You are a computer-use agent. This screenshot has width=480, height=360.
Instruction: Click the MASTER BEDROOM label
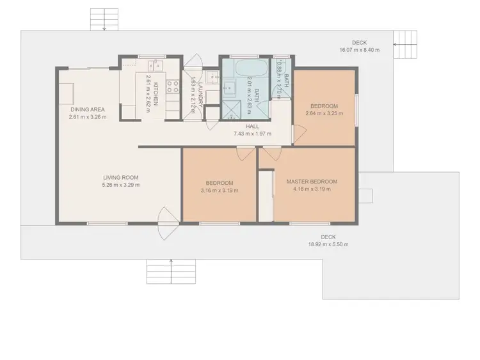[x=312, y=181]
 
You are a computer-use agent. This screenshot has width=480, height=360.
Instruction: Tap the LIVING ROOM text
[x=121, y=177]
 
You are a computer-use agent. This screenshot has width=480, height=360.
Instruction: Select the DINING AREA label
[x=88, y=109]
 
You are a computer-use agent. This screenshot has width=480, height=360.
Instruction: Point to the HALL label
[x=252, y=127]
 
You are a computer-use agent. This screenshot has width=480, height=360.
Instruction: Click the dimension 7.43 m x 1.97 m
[x=252, y=134]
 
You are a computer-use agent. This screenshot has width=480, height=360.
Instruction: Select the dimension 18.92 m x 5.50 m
[x=328, y=244]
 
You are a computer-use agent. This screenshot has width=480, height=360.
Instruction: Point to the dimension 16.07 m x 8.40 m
[x=359, y=49]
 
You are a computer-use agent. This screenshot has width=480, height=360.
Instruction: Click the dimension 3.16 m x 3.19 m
[x=220, y=190]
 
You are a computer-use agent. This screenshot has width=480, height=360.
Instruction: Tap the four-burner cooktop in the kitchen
[x=172, y=87]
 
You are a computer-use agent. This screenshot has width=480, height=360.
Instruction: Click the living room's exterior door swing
[x=168, y=221]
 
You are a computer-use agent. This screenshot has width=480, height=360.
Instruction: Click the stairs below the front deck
[x=160, y=272]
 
